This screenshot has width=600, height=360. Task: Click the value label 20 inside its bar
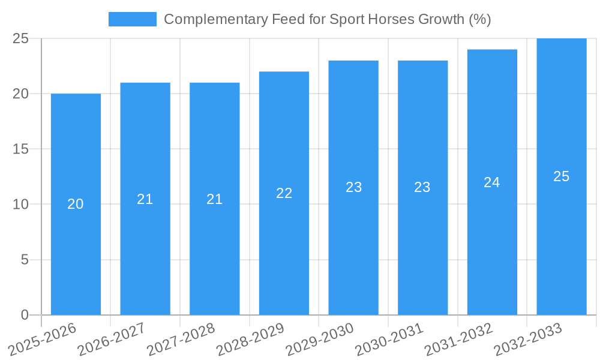click(x=76, y=204)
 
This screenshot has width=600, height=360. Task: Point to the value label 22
click(x=284, y=193)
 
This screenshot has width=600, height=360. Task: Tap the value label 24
click(x=492, y=182)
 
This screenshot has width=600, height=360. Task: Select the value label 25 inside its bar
click(x=562, y=176)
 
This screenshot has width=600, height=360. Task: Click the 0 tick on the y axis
click(x=25, y=315)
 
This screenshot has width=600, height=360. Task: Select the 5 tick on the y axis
click(x=25, y=260)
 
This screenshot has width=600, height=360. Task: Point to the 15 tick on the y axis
click(x=21, y=149)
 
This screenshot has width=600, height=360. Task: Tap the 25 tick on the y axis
click(x=21, y=38)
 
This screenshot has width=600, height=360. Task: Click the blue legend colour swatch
click(x=132, y=19)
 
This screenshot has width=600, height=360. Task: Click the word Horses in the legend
click(x=398, y=19)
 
